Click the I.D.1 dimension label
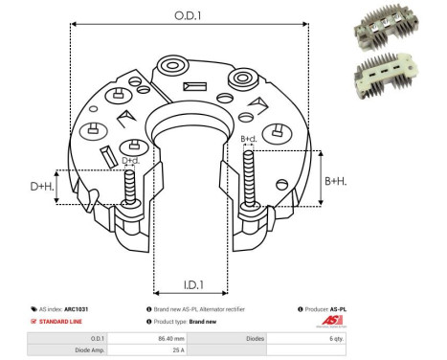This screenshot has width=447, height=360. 190,285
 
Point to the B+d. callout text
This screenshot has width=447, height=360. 248,139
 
